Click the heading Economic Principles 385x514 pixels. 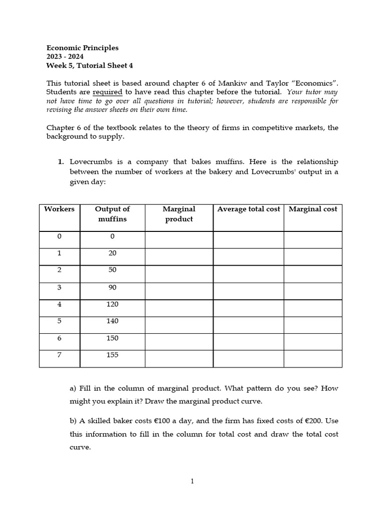82,48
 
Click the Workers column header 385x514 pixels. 59,209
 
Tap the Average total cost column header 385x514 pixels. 248,209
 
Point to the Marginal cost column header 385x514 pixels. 313,209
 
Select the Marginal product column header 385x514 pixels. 179,214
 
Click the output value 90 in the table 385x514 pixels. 112,287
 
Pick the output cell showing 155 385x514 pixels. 112,355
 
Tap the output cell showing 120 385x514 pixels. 112,304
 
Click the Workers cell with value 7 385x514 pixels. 59,355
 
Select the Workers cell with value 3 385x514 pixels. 59,287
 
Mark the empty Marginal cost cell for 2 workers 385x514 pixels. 313,274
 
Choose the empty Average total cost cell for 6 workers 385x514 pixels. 248,342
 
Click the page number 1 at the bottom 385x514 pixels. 192,481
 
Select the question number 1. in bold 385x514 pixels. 61,162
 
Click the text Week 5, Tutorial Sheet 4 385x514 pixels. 90,65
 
